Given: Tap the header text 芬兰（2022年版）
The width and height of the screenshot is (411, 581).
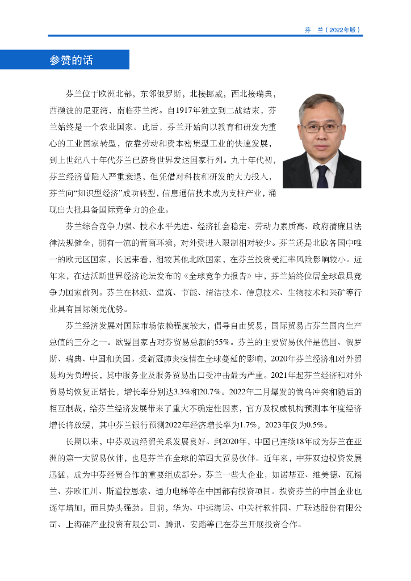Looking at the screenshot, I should coord(333,30).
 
